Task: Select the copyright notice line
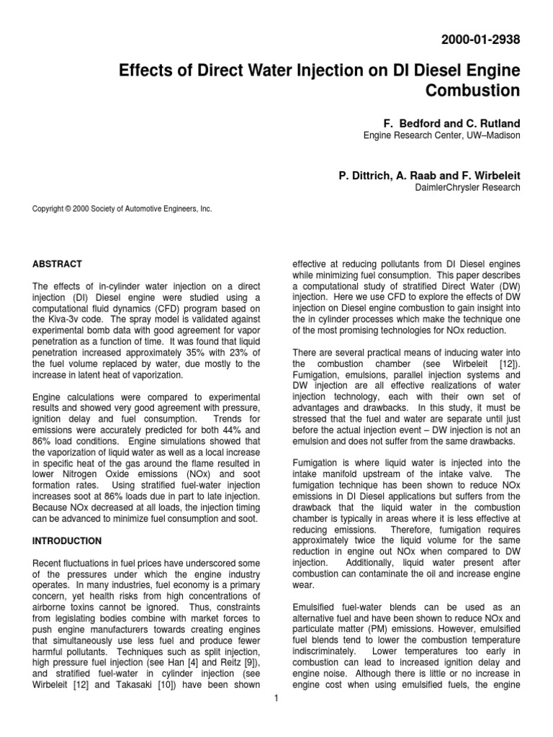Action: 122,209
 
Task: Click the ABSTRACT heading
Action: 58,264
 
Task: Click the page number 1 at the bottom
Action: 276,698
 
